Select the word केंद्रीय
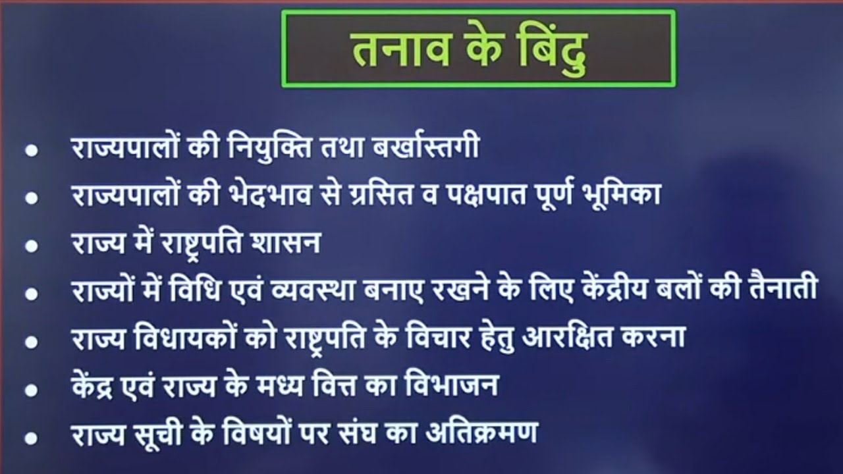click(x=624, y=290)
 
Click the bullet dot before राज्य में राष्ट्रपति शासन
click(x=30, y=246)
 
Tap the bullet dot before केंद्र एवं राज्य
click(x=30, y=389)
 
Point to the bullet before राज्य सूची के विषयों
click(x=30, y=436)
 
